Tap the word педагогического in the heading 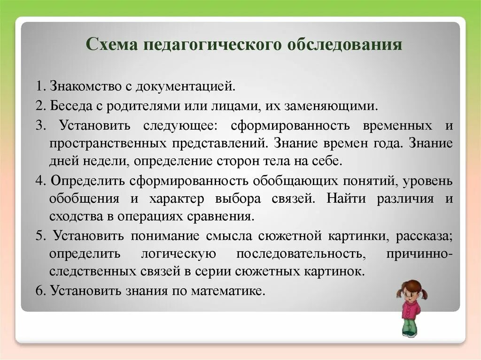pos(212,45)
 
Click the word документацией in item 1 pos(185,86)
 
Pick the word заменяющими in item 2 pos(331,106)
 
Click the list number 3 pos(40,125)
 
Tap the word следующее pos(180,126)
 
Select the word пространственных pos(108,144)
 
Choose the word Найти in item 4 pos(346,199)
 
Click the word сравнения pos(221,217)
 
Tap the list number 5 pos(40,236)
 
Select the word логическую pos(178,254)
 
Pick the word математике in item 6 pos(228,291)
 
